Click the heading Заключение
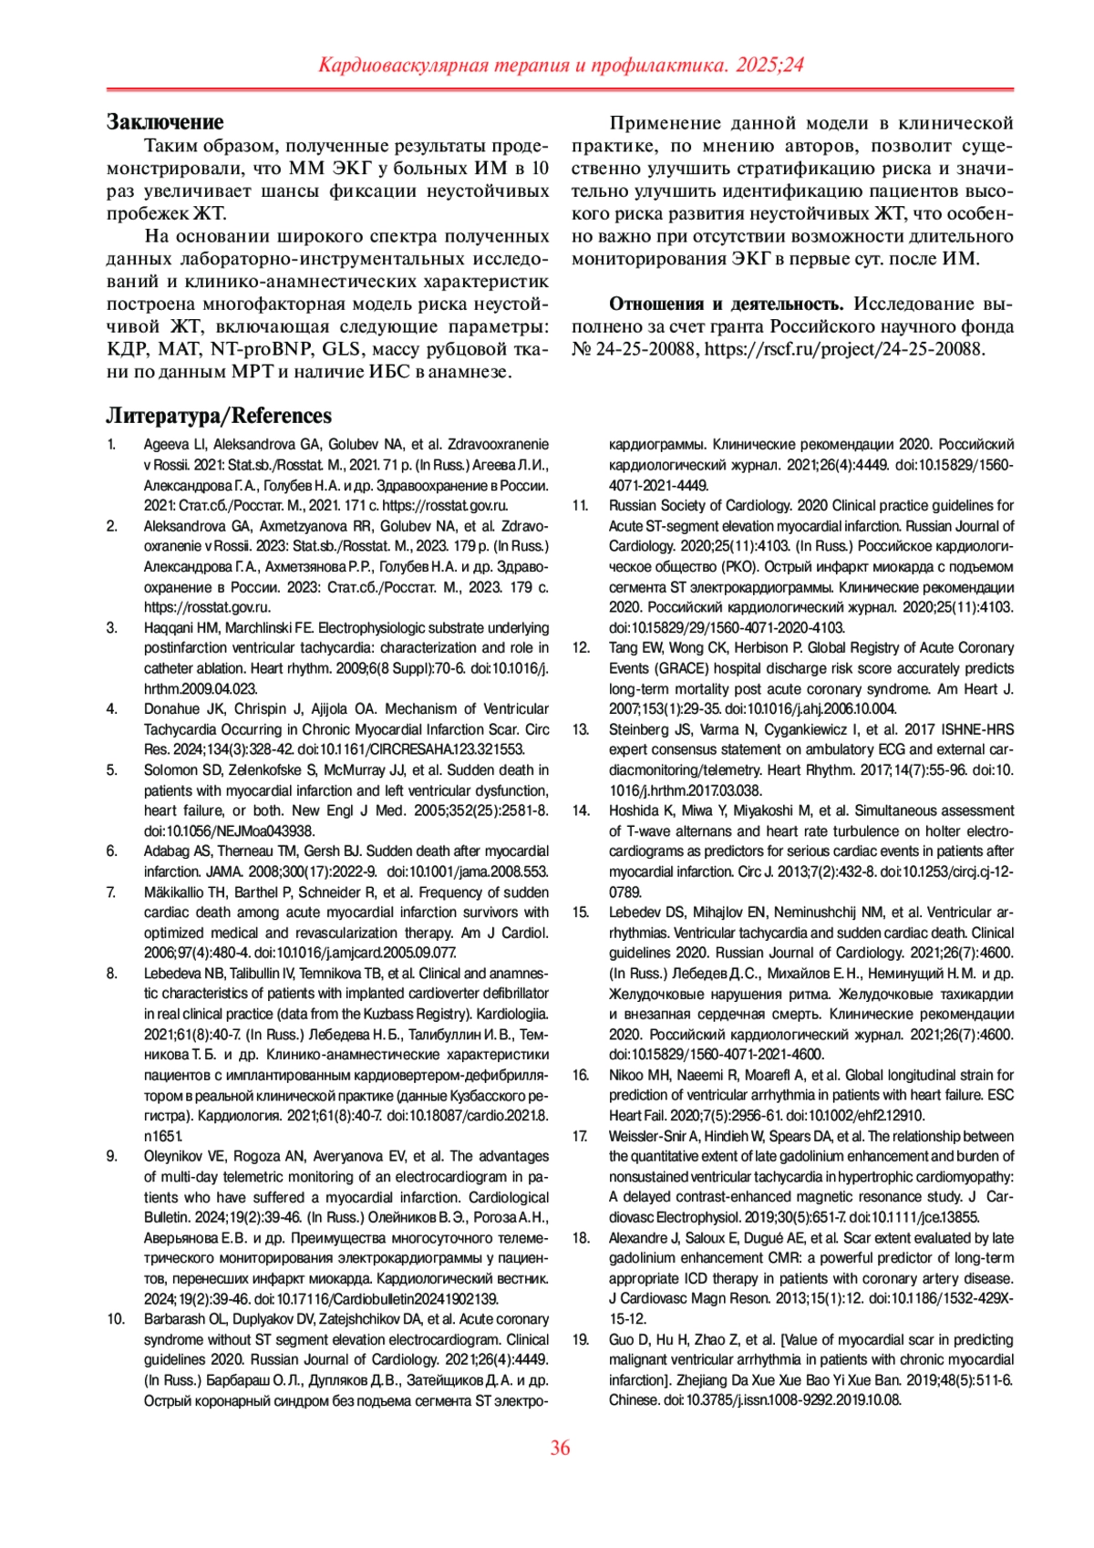tap(165, 121)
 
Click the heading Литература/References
tap(219, 416)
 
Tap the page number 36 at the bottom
tap(560, 1448)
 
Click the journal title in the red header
tap(561, 65)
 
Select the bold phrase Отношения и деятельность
tap(726, 304)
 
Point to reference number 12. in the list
tap(581, 648)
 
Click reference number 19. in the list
tap(581, 1340)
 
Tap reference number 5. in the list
tap(112, 770)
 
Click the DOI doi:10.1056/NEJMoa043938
tap(229, 831)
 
